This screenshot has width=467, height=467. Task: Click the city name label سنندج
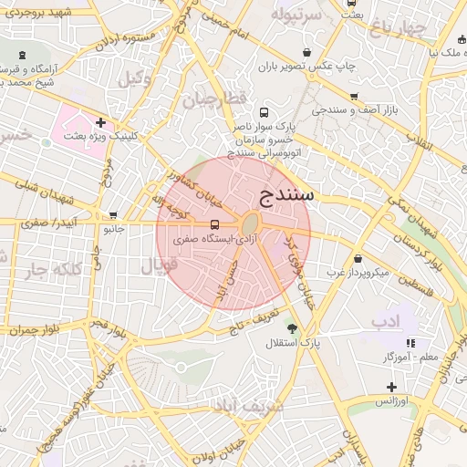(287, 195)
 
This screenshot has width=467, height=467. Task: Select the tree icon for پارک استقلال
(293, 328)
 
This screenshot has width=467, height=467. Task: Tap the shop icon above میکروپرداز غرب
(357, 258)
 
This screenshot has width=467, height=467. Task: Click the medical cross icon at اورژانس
(391, 387)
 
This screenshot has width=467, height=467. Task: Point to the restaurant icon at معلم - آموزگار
(410, 343)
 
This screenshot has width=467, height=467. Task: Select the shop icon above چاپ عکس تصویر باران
(304, 52)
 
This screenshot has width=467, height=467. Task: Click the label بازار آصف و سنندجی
(361, 109)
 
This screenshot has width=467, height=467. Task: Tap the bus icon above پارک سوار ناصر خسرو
(264, 110)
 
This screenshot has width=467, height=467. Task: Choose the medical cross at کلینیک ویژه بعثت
(100, 122)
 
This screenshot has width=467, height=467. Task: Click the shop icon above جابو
(113, 216)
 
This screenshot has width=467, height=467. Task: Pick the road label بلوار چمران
(36, 328)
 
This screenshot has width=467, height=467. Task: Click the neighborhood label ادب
(385, 322)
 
